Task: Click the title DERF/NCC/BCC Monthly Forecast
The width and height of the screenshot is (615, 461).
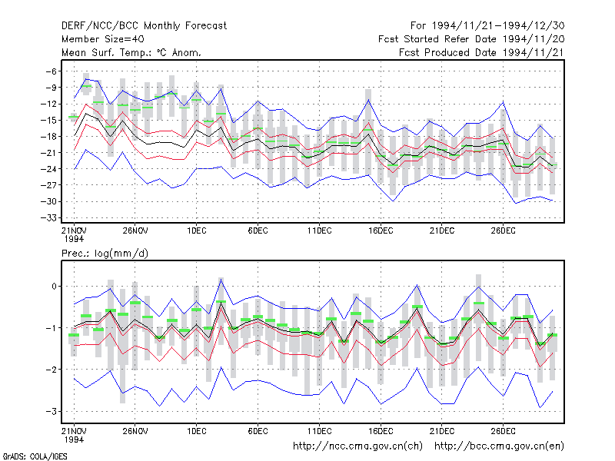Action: click(144, 26)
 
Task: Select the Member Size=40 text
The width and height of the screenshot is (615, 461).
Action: click(103, 39)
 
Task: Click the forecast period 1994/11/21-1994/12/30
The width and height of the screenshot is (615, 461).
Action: click(487, 26)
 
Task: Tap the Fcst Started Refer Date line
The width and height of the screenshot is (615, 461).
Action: click(471, 39)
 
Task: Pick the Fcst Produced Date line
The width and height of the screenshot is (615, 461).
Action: click(482, 52)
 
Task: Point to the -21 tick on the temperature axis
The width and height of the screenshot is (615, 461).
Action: click(48, 152)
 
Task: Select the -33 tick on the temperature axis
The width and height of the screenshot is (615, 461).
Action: click(48, 217)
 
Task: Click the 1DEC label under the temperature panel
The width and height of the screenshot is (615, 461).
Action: click(197, 230)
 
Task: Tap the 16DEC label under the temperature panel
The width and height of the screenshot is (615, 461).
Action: click(381, 230)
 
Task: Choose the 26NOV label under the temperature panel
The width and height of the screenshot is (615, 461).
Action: click(135, 230)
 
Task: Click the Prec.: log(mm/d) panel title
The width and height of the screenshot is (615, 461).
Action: click(105, 254)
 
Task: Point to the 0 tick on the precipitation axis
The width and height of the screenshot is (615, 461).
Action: click(54, 286)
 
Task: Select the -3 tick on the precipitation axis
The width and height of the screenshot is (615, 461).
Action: click(52, 411)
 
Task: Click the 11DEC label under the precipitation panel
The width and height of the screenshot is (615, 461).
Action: click(319, 431)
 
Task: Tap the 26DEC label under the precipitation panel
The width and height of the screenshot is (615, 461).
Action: click(503, 431)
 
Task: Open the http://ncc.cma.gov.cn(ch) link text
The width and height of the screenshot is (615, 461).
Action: click(357, 446)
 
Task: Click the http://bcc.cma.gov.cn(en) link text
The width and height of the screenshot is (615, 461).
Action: click(499, 446)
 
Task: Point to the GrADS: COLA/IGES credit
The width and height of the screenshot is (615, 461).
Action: click(35, 456)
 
